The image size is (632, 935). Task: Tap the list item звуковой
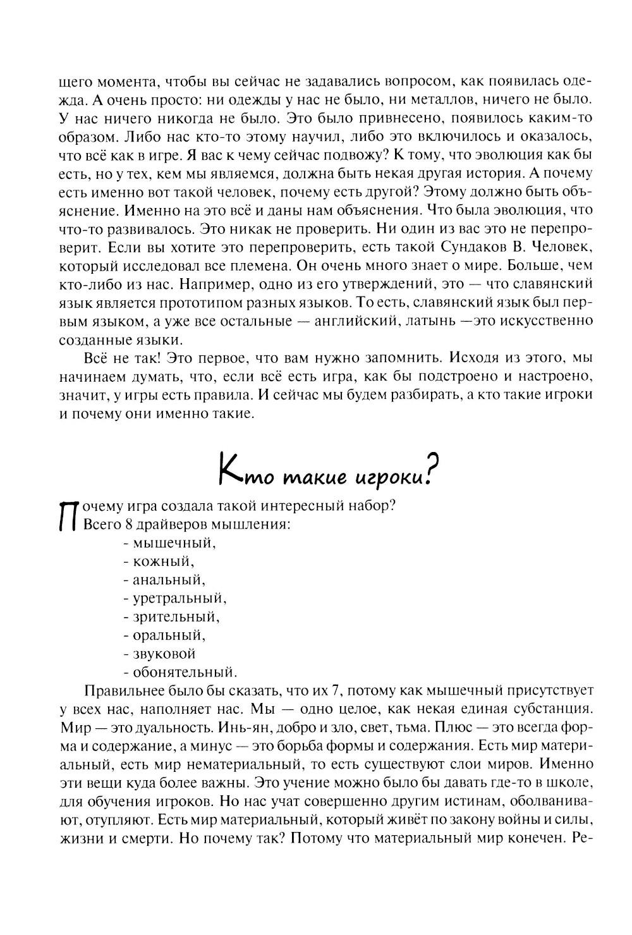[163, 653]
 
